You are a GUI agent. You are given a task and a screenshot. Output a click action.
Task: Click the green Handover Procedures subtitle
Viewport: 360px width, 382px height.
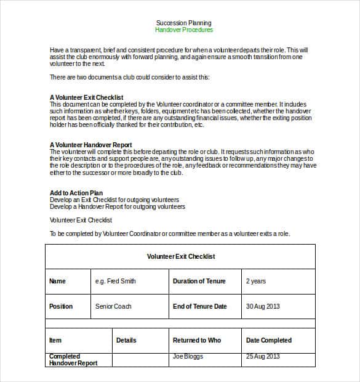tap(184, 30)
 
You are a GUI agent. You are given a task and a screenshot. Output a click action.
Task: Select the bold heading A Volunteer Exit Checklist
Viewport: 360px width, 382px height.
tap(86, 97)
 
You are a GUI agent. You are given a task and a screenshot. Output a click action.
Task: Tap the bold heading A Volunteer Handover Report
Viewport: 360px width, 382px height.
tap(90, 145)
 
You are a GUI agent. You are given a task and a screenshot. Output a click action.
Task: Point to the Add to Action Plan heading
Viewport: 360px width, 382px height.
tap(76, 193)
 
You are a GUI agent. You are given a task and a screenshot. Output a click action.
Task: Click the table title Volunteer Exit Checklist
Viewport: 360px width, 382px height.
tap(181, 256)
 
